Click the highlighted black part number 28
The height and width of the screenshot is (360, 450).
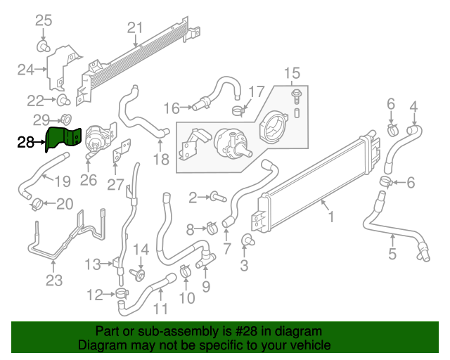26,143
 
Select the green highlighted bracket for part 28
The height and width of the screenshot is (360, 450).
63,138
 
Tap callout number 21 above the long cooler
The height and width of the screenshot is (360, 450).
135,29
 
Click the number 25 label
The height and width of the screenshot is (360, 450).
44,20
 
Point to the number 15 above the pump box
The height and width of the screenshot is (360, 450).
291,73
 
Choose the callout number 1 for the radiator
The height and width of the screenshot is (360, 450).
330,217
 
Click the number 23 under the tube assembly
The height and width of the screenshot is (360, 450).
54,282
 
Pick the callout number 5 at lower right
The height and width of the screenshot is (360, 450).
392,254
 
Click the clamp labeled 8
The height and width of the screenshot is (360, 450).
210,228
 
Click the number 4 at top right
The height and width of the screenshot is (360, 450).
414,107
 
